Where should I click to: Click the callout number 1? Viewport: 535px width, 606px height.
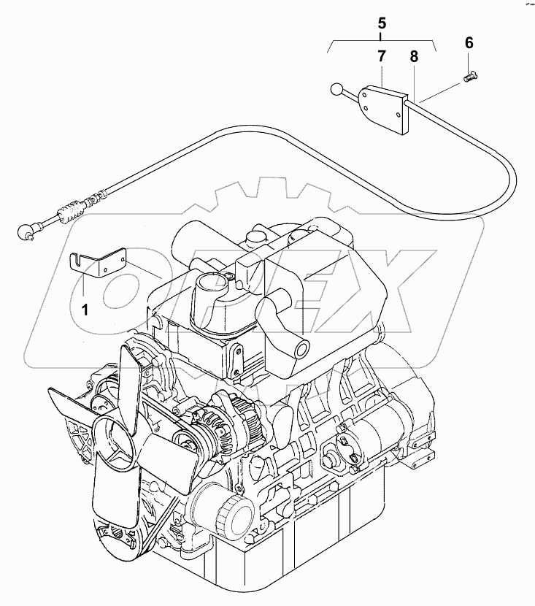click(x=85, y=309)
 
